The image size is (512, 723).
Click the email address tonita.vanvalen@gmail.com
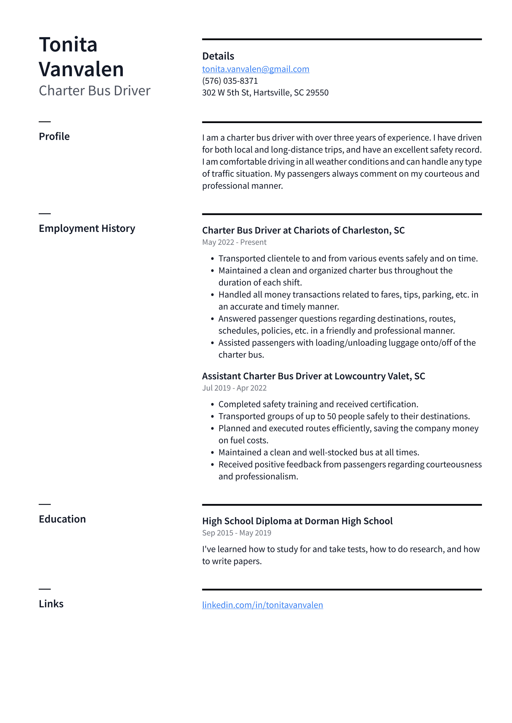[x=255, y=69]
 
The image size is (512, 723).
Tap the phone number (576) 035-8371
[x=230, y=81]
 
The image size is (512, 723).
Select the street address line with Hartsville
[x=265, y=93]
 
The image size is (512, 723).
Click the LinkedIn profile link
[x=262, y=605]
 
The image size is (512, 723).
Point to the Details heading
[x=218, y=56]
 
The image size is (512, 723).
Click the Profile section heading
[x=54, y=137]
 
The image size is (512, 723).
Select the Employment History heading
[x=87, y=228]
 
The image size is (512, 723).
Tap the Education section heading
[x=62, y=519]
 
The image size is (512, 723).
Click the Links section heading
[x=51, y=604]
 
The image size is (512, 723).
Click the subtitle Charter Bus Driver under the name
[x=94, y=91]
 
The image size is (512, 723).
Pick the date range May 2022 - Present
[x=234, y=242]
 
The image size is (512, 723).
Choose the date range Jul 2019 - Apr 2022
[x=234, y=388]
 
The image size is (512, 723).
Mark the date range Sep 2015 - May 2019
[x=236, y=533]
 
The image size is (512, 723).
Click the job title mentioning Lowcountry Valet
[x=313, y=376]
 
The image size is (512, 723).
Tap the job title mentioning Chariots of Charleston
[x=303, y=230]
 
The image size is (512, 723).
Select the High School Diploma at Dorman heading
[x=297, y=521]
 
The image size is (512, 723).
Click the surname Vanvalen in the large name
[x=81, y=69]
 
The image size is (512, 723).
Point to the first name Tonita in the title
[x=68, y=44]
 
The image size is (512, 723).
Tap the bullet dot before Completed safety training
[x=212, y=405]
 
